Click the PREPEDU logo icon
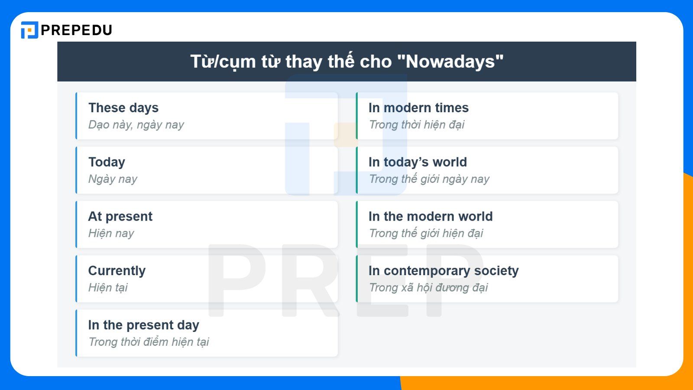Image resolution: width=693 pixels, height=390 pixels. (x=29, y=30)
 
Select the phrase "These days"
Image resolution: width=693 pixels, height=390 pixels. (x=123, y=107)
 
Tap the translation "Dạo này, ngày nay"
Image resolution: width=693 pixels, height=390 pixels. (x=136, y=125)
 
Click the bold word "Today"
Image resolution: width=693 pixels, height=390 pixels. (x=107, y=162)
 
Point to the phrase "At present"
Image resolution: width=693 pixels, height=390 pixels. (x=120, y=216)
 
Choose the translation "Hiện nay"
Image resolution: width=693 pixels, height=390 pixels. (x=111, y=233)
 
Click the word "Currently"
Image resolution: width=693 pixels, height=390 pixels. (x=117, y=270)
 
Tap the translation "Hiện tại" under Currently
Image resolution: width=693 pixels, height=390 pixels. (x=108, y=287)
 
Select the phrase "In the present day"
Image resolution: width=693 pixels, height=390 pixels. (x=143, y=325)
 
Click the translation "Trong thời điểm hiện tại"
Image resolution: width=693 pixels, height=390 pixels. (x=149, y=342)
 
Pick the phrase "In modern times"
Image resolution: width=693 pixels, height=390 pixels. (x=418, y=107)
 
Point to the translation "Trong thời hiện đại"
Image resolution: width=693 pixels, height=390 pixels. (x=416, y=125)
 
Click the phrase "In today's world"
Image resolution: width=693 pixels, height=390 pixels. (x=418, y=162)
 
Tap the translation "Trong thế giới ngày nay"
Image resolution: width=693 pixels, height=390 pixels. (x=429, y=179)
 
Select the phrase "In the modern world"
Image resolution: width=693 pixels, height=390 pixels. (x=431, y=216)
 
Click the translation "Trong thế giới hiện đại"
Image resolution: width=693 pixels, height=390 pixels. (x=426, y=233)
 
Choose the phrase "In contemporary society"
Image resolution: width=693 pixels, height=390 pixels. (x=444, y=270)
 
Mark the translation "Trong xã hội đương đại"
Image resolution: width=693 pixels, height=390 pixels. (x=428, y=287)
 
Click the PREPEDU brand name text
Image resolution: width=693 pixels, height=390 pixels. (x=77, y=30)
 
